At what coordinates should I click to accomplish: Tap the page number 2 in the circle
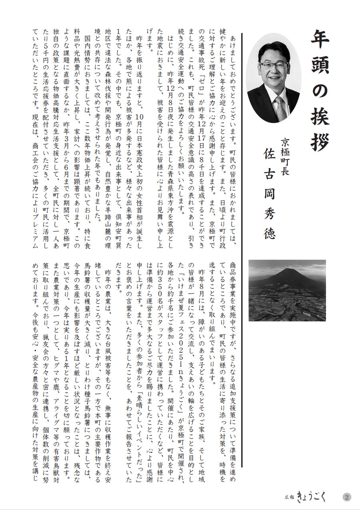click(347, 497)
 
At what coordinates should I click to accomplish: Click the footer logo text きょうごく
click(312, 497)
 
